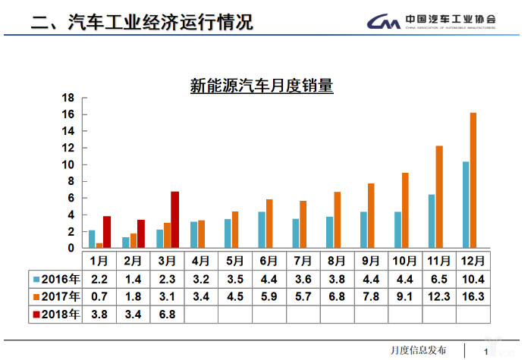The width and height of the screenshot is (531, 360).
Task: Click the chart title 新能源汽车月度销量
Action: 262,86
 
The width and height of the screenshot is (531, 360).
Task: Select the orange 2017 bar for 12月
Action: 473,180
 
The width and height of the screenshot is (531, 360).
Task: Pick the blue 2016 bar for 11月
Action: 432,221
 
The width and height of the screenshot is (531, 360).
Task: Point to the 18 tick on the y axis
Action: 68,98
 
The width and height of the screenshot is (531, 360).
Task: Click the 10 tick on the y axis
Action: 68,164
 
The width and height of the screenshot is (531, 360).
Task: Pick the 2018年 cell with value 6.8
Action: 167,314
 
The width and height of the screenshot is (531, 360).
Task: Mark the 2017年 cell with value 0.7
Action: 99,296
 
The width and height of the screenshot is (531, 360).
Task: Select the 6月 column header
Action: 269,260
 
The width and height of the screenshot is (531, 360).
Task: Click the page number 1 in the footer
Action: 485,351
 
